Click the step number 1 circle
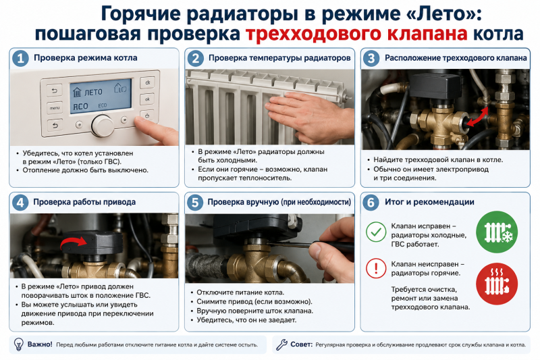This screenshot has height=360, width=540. pyautogui.click(x=20, y=59)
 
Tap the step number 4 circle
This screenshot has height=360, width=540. pyautogui.click(x=20, y=203)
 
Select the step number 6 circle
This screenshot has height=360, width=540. pyautogui.click(x=371, y=203)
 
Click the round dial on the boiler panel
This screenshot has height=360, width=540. pyautogui.click(x=103, y=126)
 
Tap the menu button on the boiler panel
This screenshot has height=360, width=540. pyautogui.click(x=55, y=108)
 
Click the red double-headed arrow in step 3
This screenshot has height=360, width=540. pyautogui.click(x=477, y=118)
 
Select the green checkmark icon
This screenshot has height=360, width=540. pyautogui.click(x=376, y=232)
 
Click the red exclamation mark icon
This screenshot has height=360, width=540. pyautogui.click(x=376, y=268)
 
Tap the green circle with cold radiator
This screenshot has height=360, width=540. pyautogui.click(x=497, y=232)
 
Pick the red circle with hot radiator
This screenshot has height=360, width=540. pyautogui.click(x=497, y=284)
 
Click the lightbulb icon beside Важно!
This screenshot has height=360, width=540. pyautogui.click(x=18, y=344)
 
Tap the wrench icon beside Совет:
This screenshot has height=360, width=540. pyautogui.click(x=281, y=344)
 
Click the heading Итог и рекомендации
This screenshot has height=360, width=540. pyautogui.click(x=429, y=202)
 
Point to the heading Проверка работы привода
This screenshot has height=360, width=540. pyautogui.click(x=84, y=202)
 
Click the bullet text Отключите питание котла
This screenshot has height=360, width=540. pyautogui.click(x=240, y=292)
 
